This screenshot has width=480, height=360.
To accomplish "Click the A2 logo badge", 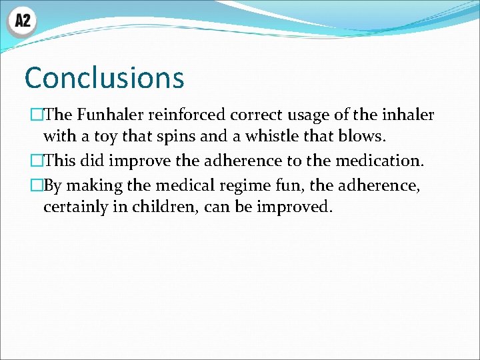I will coord(22,21).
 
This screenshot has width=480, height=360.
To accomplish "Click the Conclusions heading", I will coord(104,77).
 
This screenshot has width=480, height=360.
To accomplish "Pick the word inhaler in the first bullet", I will coord(407,115).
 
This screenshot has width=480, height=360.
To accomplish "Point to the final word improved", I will coord(293,207).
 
